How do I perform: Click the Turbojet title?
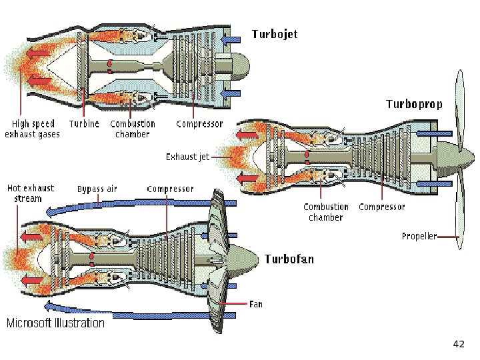tap(274, 33)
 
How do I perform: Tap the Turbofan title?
tap(289, 259)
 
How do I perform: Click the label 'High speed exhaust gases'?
tap(32, 129)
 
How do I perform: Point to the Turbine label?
tap(84, 124)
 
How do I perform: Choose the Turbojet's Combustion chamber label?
tap(133, 129)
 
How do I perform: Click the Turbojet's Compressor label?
tap(199, 124)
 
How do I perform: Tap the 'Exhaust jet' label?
tap(187, 157)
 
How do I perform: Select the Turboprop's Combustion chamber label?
tap(325, 212)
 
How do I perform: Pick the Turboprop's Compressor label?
tap(381, 207)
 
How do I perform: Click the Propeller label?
tap(419, 236)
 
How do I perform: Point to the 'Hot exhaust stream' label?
tap(29, 193)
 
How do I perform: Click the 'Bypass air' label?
tap(97, 189)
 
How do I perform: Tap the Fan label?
tap(255, 304)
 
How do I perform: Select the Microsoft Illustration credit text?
tap(55, 323)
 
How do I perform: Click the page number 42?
tap(458, 344)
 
